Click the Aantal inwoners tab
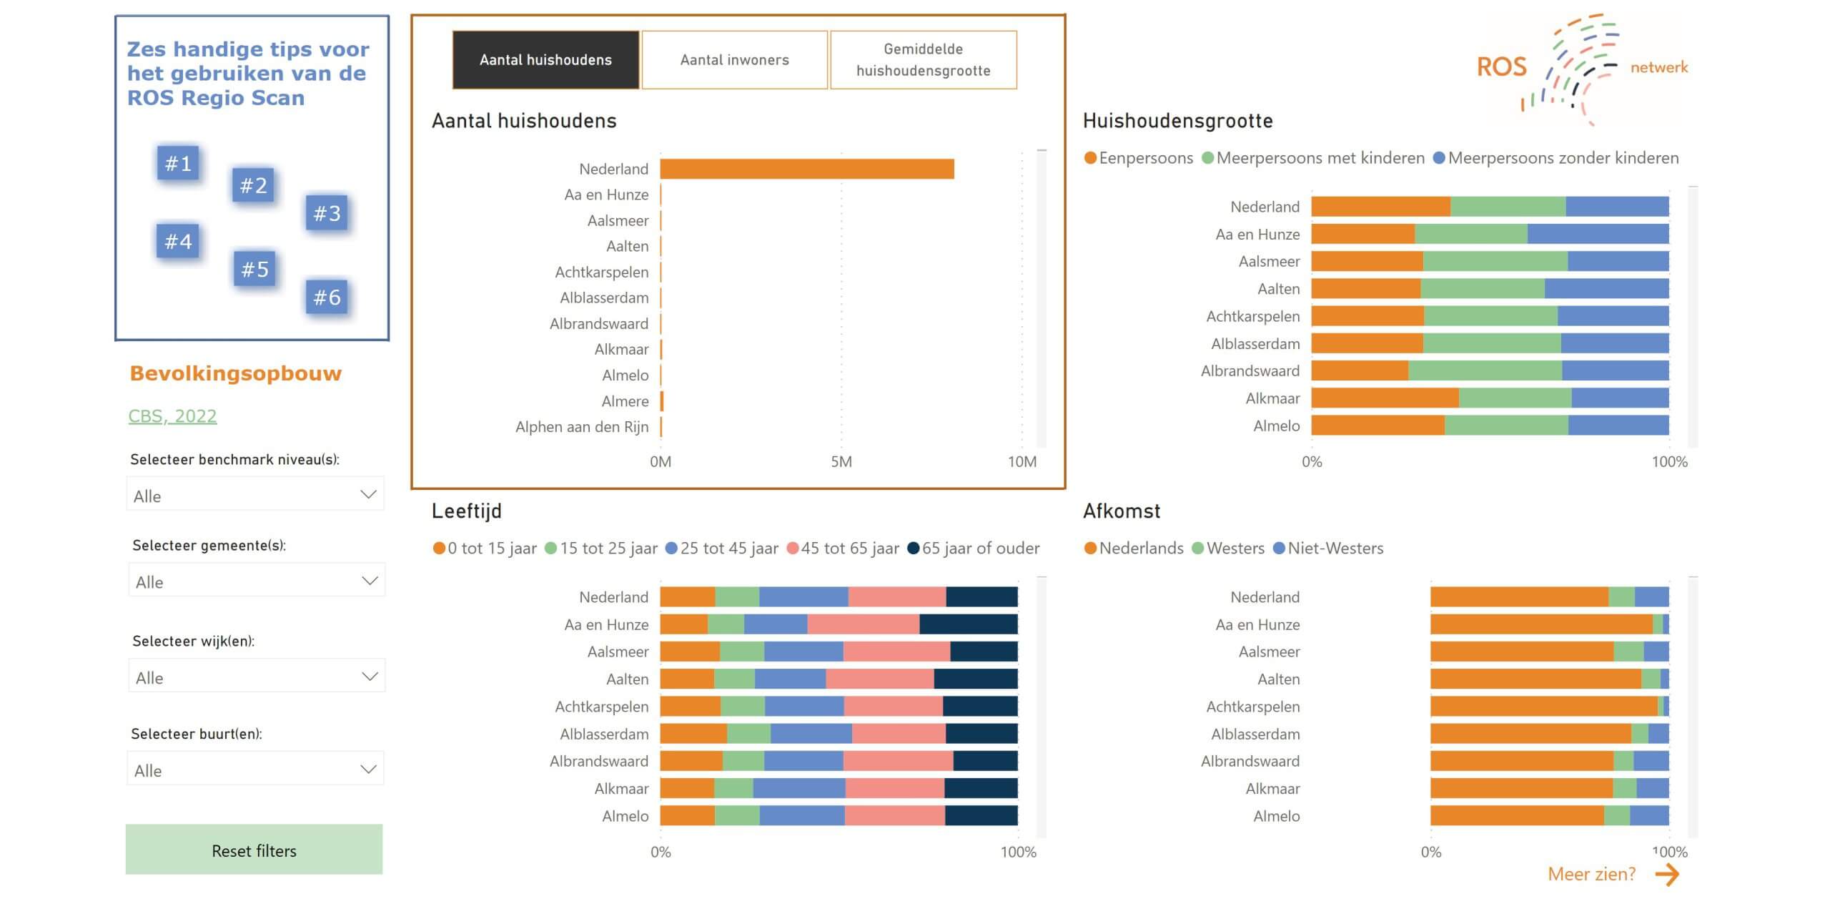tap(734, 60)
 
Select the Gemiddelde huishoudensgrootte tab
tap(923, 60)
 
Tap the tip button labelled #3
tap(327, 213)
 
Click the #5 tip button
tap(254, 269)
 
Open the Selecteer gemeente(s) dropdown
tap(256, 581)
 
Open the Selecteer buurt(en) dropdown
tap(255, 770)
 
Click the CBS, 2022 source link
tap(172, 416)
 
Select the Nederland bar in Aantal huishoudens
tap(806, 169)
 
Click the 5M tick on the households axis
tap(841, 462)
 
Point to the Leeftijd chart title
tap(467, 511)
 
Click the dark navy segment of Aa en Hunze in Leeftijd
tap(968, 624)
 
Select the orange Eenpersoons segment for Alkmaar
tap(1385, 398)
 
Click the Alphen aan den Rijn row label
tap(582, 427)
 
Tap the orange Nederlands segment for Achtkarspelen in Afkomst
tap(1543, 707)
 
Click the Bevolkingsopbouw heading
tap(236, 373)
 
